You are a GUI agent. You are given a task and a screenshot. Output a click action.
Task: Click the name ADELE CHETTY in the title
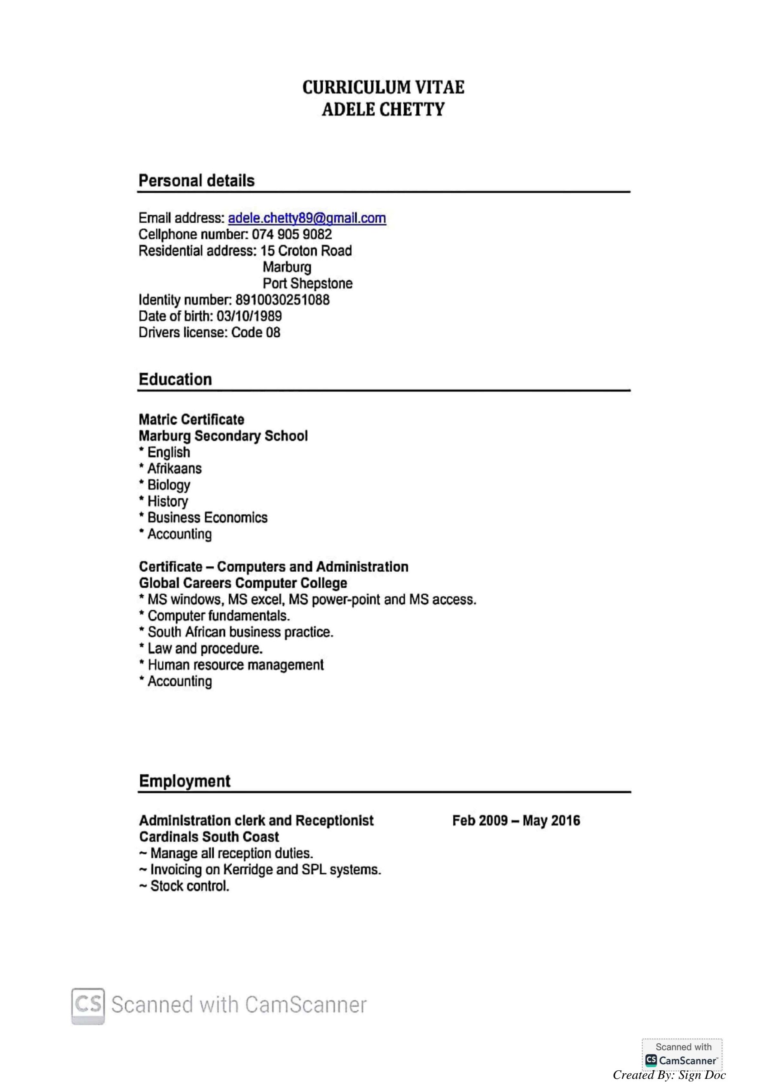coord(383,109)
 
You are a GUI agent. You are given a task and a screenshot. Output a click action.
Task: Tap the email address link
coord(307,218)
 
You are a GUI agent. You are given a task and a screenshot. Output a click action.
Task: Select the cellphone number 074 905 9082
coord(291,234)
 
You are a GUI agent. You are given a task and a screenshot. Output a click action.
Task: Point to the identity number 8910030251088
coord(282,300)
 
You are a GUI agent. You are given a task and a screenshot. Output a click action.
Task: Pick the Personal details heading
coord(197,181)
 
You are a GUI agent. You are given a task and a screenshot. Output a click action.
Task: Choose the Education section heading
coord(175,380)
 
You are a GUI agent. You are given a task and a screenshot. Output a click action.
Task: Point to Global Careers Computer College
coord(243,583)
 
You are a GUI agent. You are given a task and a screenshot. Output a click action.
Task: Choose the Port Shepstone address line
coord(307,283)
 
